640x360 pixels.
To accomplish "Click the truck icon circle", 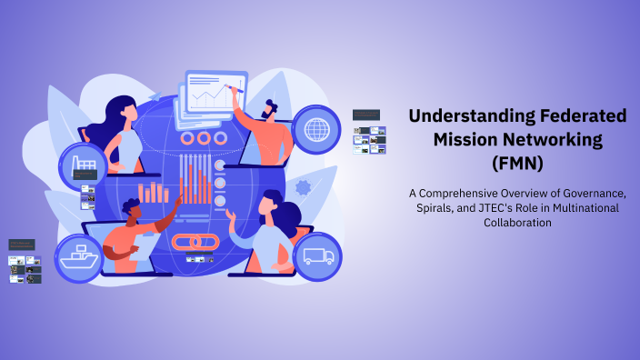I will click(x=317, y=256).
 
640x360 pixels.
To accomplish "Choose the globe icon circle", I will click(x=317, y=127).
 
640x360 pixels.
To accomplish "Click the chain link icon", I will click(x=191, y=242).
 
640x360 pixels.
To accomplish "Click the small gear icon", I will click(x=303, y=187).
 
